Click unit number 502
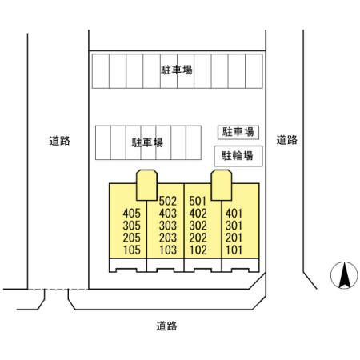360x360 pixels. pyautogui.click(x=168, y=201)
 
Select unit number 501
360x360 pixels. pyautogui.click(x=198, y=201)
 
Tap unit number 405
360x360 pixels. pyautogui.click(x=131, y=214)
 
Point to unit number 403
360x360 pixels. pyautogui.click(x=168, y=214)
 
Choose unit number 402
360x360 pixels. pyautogui.click(x=198, y=214)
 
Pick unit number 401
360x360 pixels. pyautogui.click(x=234, y=214)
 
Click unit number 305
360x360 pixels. pyautogui.click(x=131, y=226)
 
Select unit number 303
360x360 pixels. pyautogui.click(x=168, y=226)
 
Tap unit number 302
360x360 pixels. pyautogui.click(x=198, y=226)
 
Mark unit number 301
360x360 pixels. pyautogui.click(x=234, y=226)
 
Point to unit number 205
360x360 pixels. pyautogui.click(x=131, y=238)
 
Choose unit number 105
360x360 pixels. pyautogui.click(x=132, y=250)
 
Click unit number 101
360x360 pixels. pyautogui.click(x=234, y=250)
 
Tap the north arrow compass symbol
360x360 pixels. pyautogui.click(x=344, y=275)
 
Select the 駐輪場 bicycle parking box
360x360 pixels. pyautogui.click(x=238, y=156)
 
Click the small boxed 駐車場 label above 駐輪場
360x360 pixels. pyautogui.click(x=238, y=132)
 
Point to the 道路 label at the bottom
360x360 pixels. pyautogui.click(x=166, y=326)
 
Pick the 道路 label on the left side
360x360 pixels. pyautogui.click(x=60, y=141)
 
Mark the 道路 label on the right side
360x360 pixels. pyautogui.click(x=286, y=140)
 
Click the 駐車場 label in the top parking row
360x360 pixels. pyautogui.click(x=177, y=70)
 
